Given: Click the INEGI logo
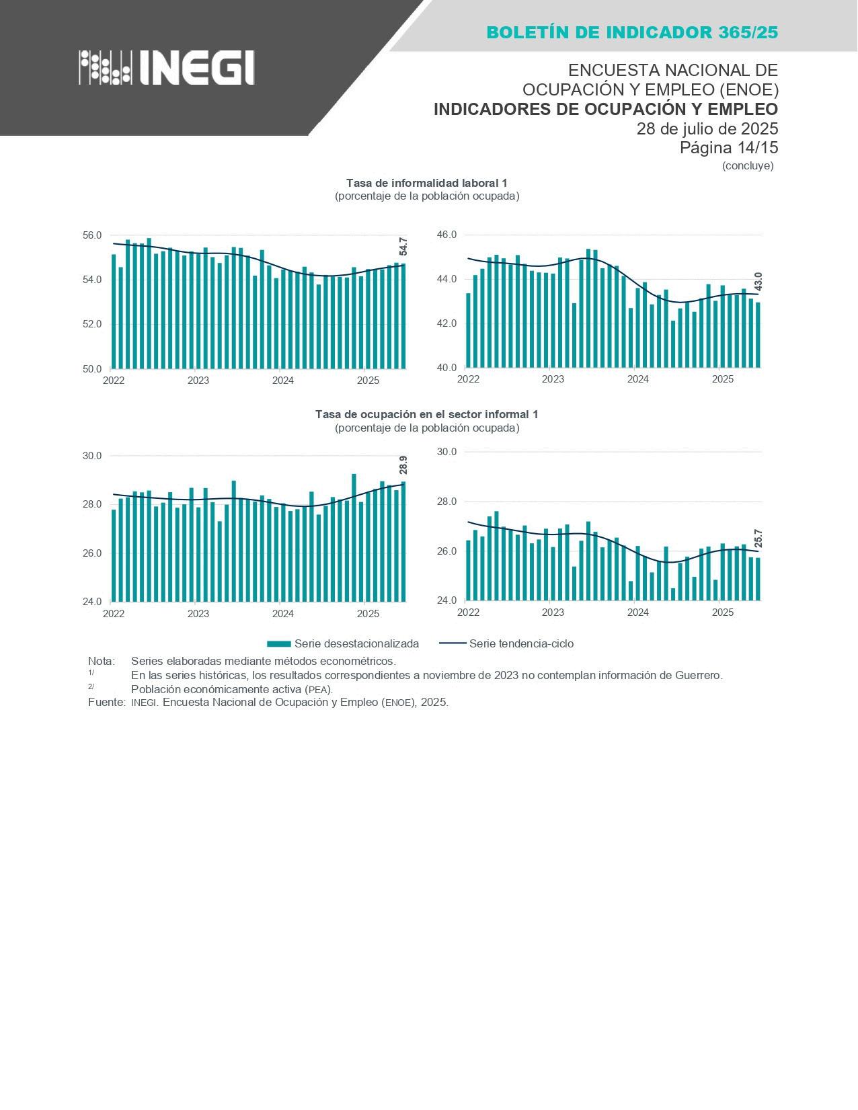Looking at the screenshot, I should coord(166,67).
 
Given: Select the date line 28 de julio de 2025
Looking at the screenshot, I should coord(707,128).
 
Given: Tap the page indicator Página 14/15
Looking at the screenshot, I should coord(728,147).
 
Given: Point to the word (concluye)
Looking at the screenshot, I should coord(747,165).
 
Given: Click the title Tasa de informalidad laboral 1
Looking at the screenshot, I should coord(426,183).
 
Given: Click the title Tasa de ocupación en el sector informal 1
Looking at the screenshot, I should coord(426,414).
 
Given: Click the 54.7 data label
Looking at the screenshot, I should coord(403,247).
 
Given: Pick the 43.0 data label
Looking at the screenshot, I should coord(758,282).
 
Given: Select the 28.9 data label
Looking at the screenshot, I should coord(403,465).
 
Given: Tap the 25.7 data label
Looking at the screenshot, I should coord(758,539).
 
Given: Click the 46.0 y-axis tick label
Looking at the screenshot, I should coord(446,235).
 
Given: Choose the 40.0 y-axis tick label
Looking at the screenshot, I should coord(446,368).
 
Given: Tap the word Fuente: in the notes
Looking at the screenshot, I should coord(106,702).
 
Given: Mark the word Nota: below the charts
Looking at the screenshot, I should coord(101,661).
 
